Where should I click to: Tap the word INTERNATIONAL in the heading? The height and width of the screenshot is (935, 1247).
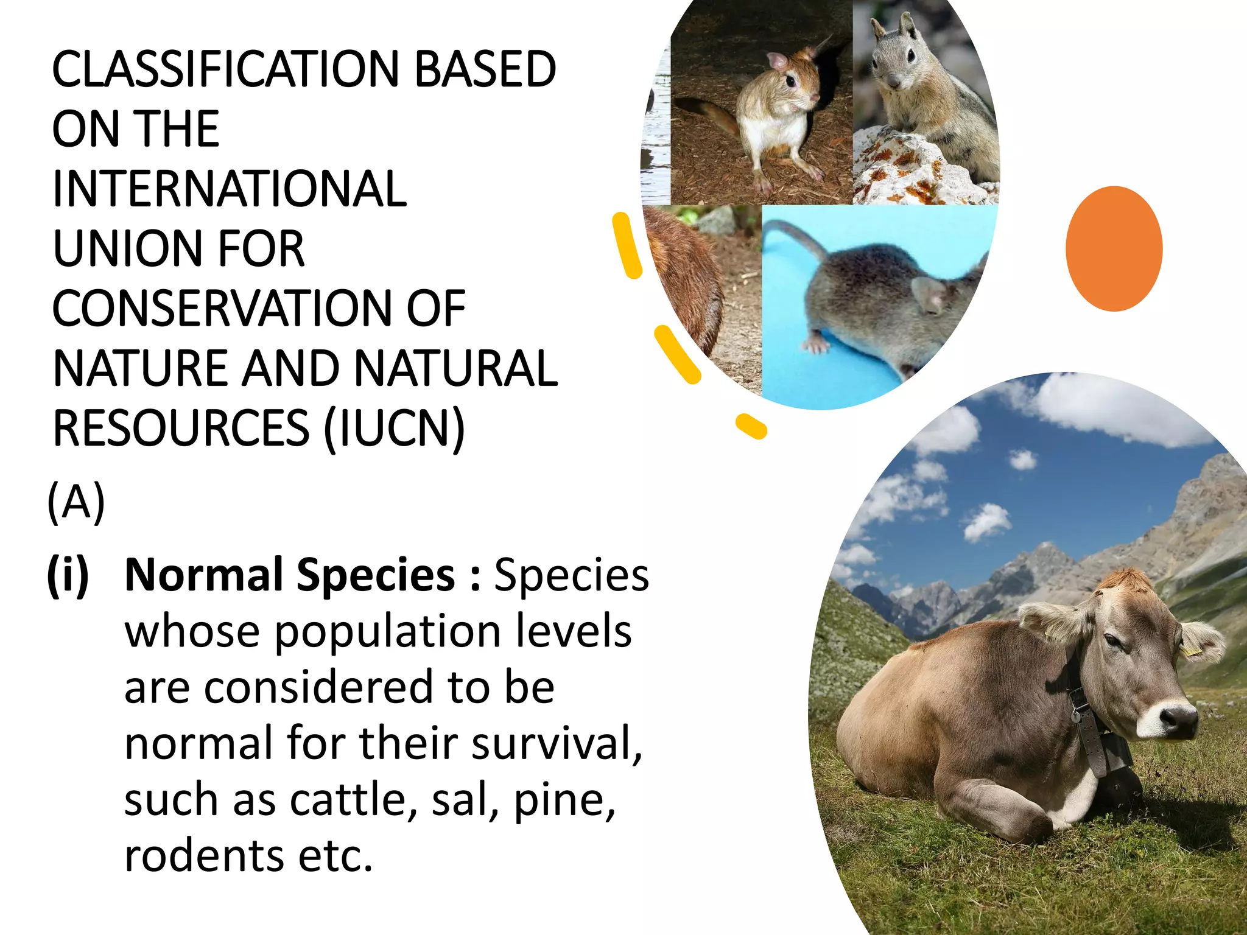[230, 189]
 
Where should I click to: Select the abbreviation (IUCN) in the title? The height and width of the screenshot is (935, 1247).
[395, 428]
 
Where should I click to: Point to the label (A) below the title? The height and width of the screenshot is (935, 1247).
[76, 502]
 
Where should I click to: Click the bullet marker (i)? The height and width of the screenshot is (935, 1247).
[68, 575]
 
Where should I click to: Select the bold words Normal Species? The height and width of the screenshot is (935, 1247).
[289, 575]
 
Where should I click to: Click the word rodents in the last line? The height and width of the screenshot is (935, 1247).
[204, 856]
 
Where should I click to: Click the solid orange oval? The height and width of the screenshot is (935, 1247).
[1114, 248]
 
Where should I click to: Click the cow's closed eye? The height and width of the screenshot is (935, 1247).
[1112, 640]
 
